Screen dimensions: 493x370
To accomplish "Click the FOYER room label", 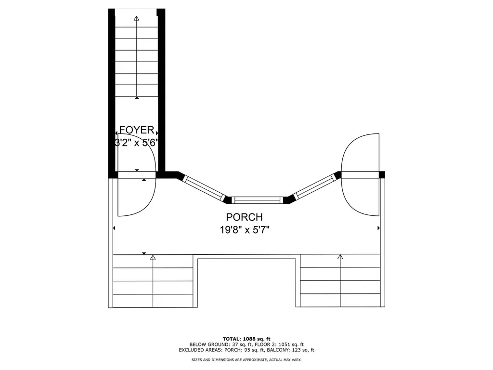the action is point(137,130).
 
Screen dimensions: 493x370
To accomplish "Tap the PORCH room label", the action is point(244,217).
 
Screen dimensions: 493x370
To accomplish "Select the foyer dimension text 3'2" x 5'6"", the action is point(136,143).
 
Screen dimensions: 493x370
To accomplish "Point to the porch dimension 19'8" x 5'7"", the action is point(245,230).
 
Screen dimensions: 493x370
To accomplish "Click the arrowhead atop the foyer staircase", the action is point(136,18).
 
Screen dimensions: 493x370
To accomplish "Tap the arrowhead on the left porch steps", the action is point(153,257).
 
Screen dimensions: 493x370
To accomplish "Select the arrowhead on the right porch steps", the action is point(340,257).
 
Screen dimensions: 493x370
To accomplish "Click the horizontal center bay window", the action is point(258,200).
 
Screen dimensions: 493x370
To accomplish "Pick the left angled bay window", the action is point(204,188).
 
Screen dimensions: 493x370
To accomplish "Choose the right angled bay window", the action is point(314,186).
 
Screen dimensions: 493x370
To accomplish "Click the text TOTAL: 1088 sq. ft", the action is point(246,339).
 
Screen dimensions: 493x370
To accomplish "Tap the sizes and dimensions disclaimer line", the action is point(246,359).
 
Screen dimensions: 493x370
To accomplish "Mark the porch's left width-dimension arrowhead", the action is point(114,228).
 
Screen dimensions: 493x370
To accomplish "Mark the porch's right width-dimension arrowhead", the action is point(378,228).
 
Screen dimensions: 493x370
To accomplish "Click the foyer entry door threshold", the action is point(137,175).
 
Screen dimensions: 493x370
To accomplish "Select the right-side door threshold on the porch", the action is point(360,174).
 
